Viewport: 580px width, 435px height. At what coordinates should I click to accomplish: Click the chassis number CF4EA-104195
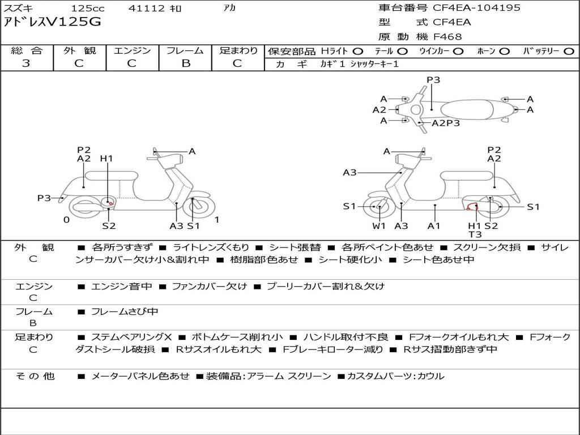tap(476, 7)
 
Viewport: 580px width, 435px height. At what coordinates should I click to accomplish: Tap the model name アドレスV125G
tap(52, 22)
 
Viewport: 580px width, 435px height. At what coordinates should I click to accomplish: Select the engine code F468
tap(447, 37)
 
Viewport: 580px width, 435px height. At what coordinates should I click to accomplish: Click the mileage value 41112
tap(146, 8)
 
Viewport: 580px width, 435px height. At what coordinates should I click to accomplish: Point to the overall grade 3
tap(26, 63)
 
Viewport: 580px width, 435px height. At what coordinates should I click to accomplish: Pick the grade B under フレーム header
tap(186, 63)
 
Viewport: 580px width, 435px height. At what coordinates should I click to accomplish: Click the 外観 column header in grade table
tap(79, 50)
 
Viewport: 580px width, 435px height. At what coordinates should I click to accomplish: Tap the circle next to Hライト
tap(358, 52)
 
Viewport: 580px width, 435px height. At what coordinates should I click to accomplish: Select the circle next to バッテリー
tap(569, 52)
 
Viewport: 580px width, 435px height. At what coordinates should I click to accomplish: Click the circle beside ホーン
tap(505, 52)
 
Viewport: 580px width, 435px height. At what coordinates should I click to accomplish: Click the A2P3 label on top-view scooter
tap(446, 123)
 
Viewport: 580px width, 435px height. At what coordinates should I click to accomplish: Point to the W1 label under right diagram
tap(379, 225)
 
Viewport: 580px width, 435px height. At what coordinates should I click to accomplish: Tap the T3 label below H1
tap(475, 234)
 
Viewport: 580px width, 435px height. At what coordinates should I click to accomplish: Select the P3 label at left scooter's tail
tap(44, 198)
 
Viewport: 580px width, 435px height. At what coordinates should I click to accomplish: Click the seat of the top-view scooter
tap(467, 110)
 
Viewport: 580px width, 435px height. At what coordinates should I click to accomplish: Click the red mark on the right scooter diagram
tap(472, 206)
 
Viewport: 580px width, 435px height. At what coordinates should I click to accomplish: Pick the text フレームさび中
tap(125, 312)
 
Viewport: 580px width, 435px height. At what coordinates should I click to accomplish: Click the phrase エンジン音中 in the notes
tap(121, 286)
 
